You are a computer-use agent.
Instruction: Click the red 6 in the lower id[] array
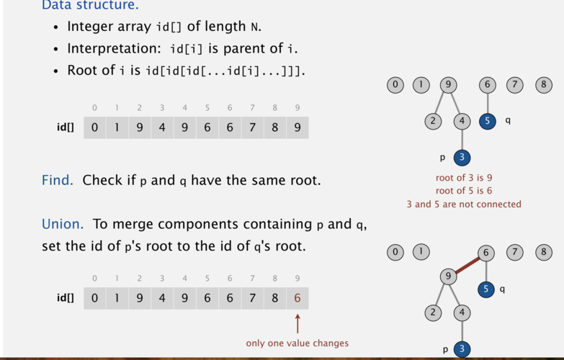(297, 298)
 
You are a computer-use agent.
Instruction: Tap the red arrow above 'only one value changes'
(297, 324)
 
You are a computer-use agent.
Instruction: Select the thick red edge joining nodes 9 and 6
(467, 265)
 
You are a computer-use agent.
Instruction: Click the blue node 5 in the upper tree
(488, 121)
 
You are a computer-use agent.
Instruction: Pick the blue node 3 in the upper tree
(462, 158)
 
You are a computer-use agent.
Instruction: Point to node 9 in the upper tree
(448, 85)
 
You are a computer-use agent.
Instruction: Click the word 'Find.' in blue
(57, 180)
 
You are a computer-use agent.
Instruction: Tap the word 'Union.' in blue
(63, 224)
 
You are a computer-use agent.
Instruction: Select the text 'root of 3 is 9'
(464, 178)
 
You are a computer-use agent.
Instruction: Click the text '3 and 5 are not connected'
(464, 204)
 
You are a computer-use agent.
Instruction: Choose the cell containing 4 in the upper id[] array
(162, 127)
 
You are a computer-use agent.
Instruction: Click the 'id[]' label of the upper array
(66, 127)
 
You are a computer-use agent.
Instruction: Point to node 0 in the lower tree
(395, 252)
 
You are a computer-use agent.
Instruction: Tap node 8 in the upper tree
(544, 85)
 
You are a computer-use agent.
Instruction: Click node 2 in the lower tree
(433, 312)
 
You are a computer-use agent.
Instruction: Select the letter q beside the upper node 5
(508, 120)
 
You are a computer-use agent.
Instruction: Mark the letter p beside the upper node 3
(442, 158)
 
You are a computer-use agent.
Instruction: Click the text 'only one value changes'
(297, 343)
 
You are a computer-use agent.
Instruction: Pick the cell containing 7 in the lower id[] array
(253, 298)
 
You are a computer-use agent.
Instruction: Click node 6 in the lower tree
(486, 253)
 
